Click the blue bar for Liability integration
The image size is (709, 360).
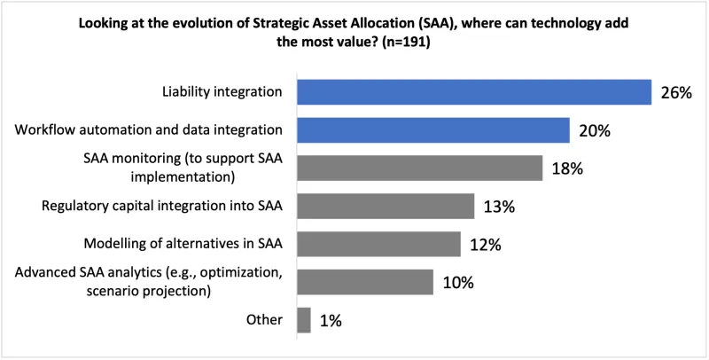tap(474, 92)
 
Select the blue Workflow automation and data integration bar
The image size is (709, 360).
tap(432, 130)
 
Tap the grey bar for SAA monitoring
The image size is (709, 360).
tap(419, 168)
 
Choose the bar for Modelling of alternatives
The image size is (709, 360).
tap(378, 244)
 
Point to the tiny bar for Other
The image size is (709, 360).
tap(304, 320)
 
